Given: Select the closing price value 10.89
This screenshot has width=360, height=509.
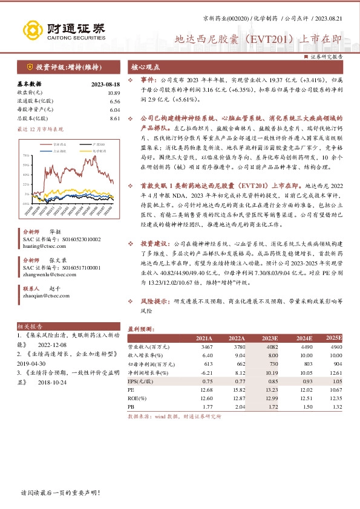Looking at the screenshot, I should coord(114,93).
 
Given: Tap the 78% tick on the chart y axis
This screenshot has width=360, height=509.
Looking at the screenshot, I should coord(25,155).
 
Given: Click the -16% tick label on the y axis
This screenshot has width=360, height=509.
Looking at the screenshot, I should coord(25,203).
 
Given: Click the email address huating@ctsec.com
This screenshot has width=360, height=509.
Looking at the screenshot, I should coord(45,246).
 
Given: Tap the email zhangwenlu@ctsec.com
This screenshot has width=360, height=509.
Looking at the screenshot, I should coord(50,273).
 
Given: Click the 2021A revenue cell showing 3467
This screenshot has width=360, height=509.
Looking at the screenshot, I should coord(206,347).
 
